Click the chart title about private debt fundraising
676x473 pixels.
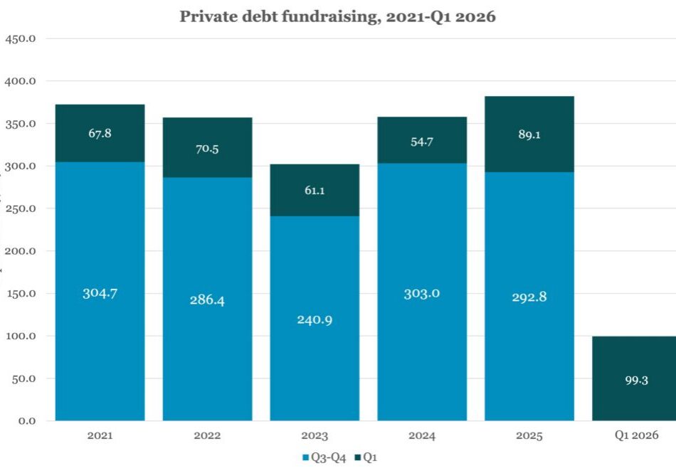point(337,16)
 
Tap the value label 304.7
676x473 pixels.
point(100,293)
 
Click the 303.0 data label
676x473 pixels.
point(422,293)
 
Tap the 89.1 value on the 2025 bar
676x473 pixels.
point(529,134)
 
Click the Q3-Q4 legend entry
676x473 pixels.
point(324,457)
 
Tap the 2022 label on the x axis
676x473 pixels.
point(207,435)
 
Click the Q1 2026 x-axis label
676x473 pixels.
point(636,435)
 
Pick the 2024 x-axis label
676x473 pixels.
point(422,435)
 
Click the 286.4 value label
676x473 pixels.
point(207,300)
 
